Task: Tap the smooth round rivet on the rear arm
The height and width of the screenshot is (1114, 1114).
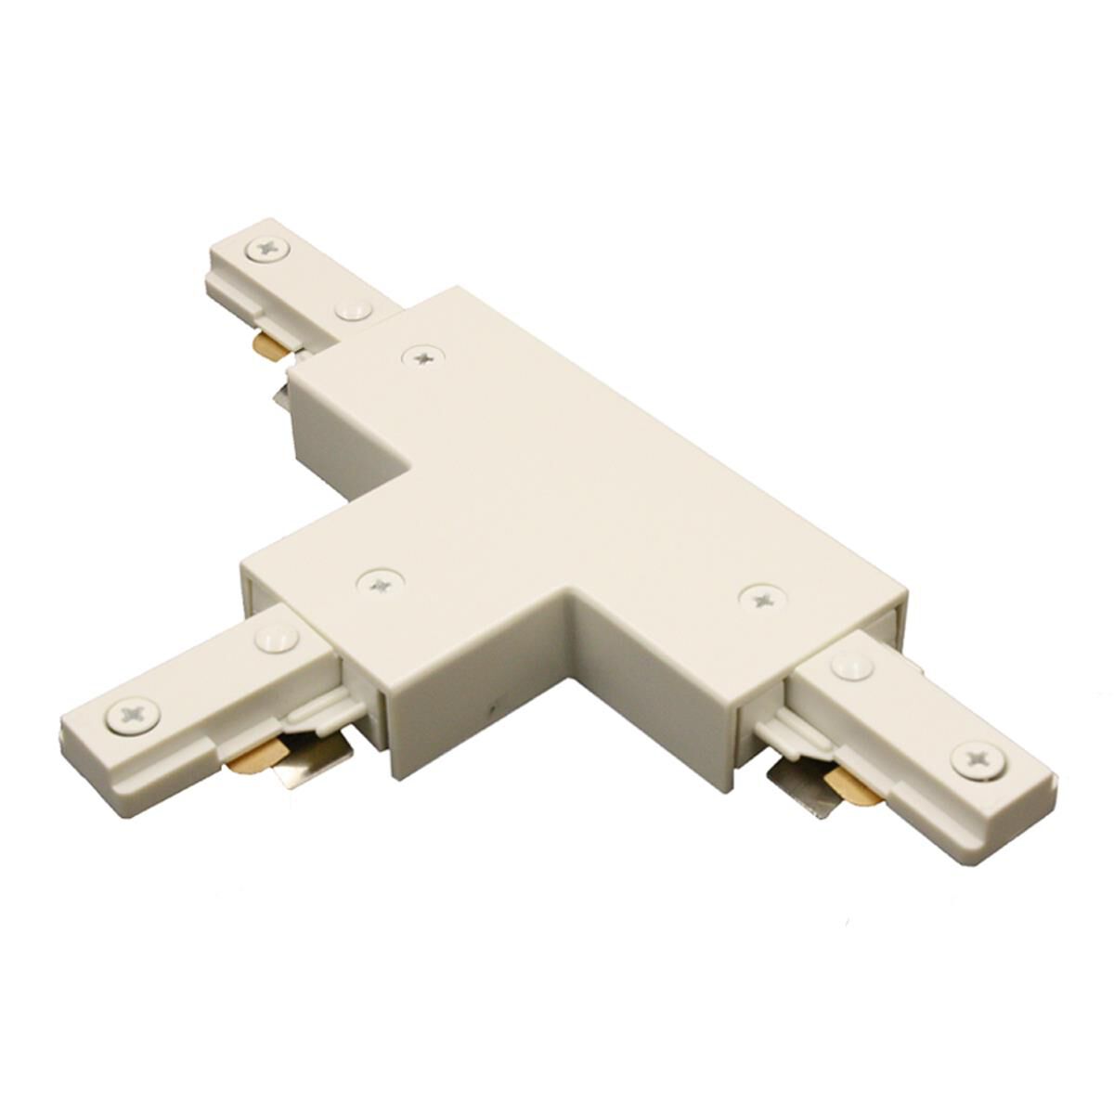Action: [353, 310]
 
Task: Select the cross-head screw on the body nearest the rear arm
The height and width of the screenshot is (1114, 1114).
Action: [422, 355]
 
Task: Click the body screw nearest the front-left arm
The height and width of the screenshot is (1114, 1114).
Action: [381, 582]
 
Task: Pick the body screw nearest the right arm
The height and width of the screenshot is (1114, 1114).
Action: [760, 598]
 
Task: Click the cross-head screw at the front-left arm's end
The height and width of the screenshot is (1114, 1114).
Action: [133, 715]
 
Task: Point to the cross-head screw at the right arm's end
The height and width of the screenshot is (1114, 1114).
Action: [979, 759]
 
